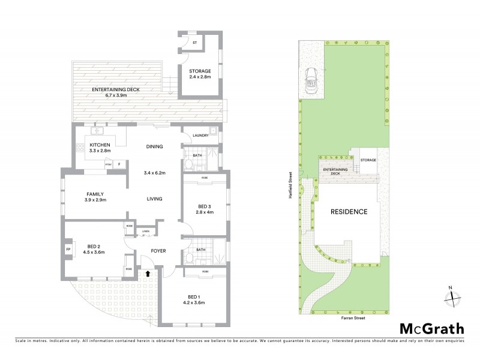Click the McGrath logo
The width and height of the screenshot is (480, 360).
point(432,328)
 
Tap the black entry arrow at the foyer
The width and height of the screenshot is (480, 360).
point(148,274)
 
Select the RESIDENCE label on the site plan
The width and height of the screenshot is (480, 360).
point(348,212)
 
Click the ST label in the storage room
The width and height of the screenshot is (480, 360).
point(194,42)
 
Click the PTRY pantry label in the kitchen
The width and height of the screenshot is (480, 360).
point(109,164)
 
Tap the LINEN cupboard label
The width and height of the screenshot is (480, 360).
point(145,231)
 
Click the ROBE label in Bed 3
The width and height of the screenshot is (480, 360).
point(204,178)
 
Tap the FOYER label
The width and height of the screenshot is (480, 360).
point(158,251)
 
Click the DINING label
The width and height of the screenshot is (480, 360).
point(155,146)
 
